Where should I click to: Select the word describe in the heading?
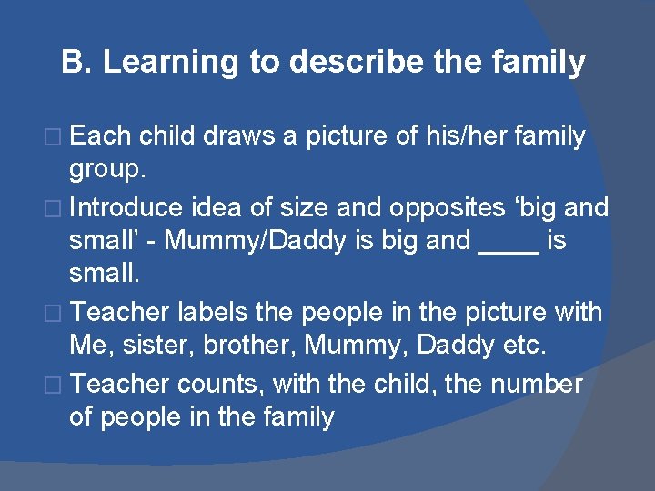point(351,62)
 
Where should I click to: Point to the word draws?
point(239,137)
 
